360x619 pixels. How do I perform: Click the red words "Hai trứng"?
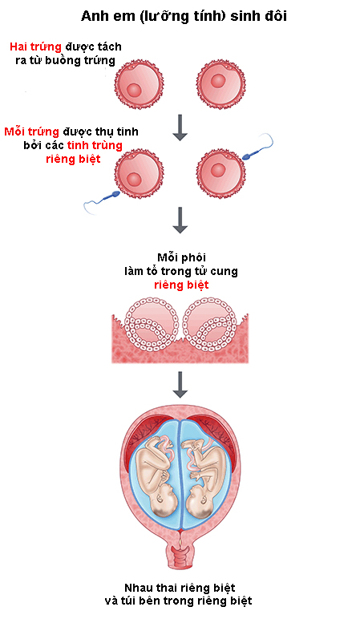(35, 47)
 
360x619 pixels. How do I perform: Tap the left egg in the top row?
(139, 85)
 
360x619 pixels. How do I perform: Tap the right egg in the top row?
(220, 85)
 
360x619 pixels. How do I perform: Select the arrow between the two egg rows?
(180, 127)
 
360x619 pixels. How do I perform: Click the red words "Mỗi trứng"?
(31, 131)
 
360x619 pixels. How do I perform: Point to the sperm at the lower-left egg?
(101, 200)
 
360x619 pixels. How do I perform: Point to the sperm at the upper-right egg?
(257, 147)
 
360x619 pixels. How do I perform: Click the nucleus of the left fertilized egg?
(134, 180)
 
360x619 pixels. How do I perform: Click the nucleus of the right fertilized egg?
(218, 170)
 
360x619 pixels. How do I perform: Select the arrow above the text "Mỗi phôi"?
(180, 220)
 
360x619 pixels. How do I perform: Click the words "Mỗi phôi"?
(181, 257)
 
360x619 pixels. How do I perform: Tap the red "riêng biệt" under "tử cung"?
(181, 285)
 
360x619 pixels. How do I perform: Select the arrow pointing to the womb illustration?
(180, 385)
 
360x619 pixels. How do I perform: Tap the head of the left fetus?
(163, 500)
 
